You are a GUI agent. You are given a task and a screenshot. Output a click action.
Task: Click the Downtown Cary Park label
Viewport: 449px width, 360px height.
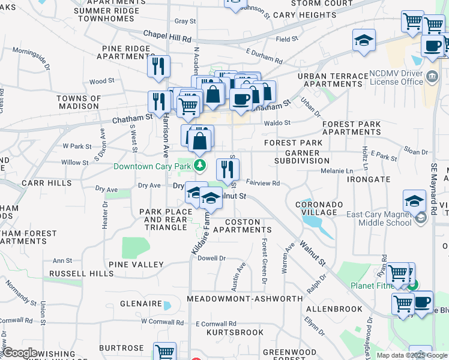(152, 166)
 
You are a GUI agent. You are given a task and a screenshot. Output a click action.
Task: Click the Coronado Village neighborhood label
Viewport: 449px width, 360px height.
(319, 208)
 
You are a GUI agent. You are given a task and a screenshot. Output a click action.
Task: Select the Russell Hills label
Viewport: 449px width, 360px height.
(82, 274)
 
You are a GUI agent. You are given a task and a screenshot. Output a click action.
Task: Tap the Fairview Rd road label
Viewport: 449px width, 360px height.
(263, 183)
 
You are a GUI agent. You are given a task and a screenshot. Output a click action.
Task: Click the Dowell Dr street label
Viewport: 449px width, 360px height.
(211, 258)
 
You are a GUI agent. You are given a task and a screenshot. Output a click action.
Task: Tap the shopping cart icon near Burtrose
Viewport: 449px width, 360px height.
(164, 353)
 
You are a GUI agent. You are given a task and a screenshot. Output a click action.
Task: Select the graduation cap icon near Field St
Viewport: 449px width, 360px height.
(364, 41)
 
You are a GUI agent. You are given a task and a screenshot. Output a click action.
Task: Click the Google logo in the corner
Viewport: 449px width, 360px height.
(20, 353)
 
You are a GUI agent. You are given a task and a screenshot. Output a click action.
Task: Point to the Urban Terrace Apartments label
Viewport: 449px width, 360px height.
(332, 80)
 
